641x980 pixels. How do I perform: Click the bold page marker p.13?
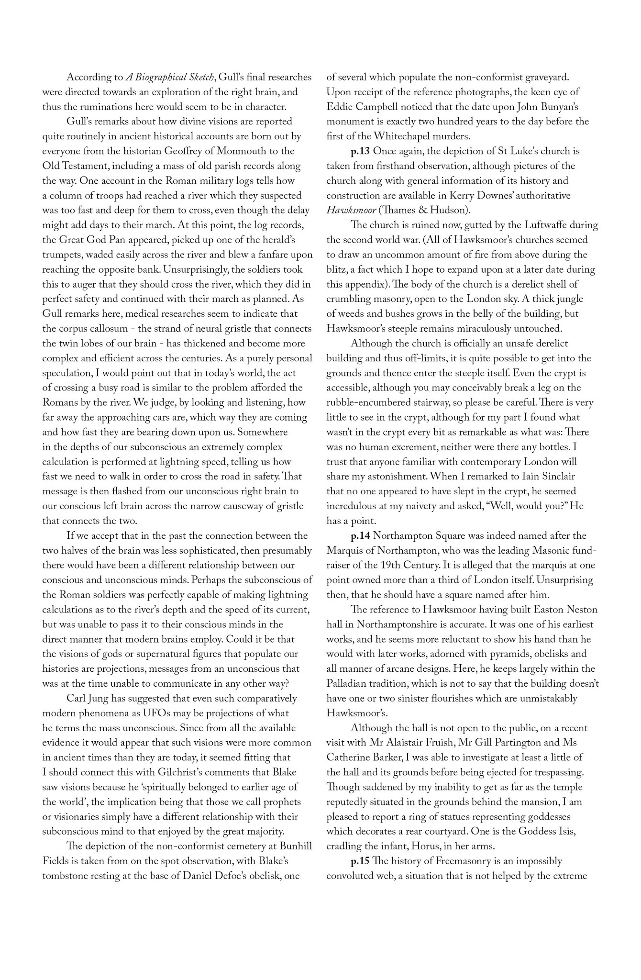pyautogui.click(x=360, y=151)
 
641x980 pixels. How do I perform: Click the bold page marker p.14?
pyautogui.click(x=360, y=535)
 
